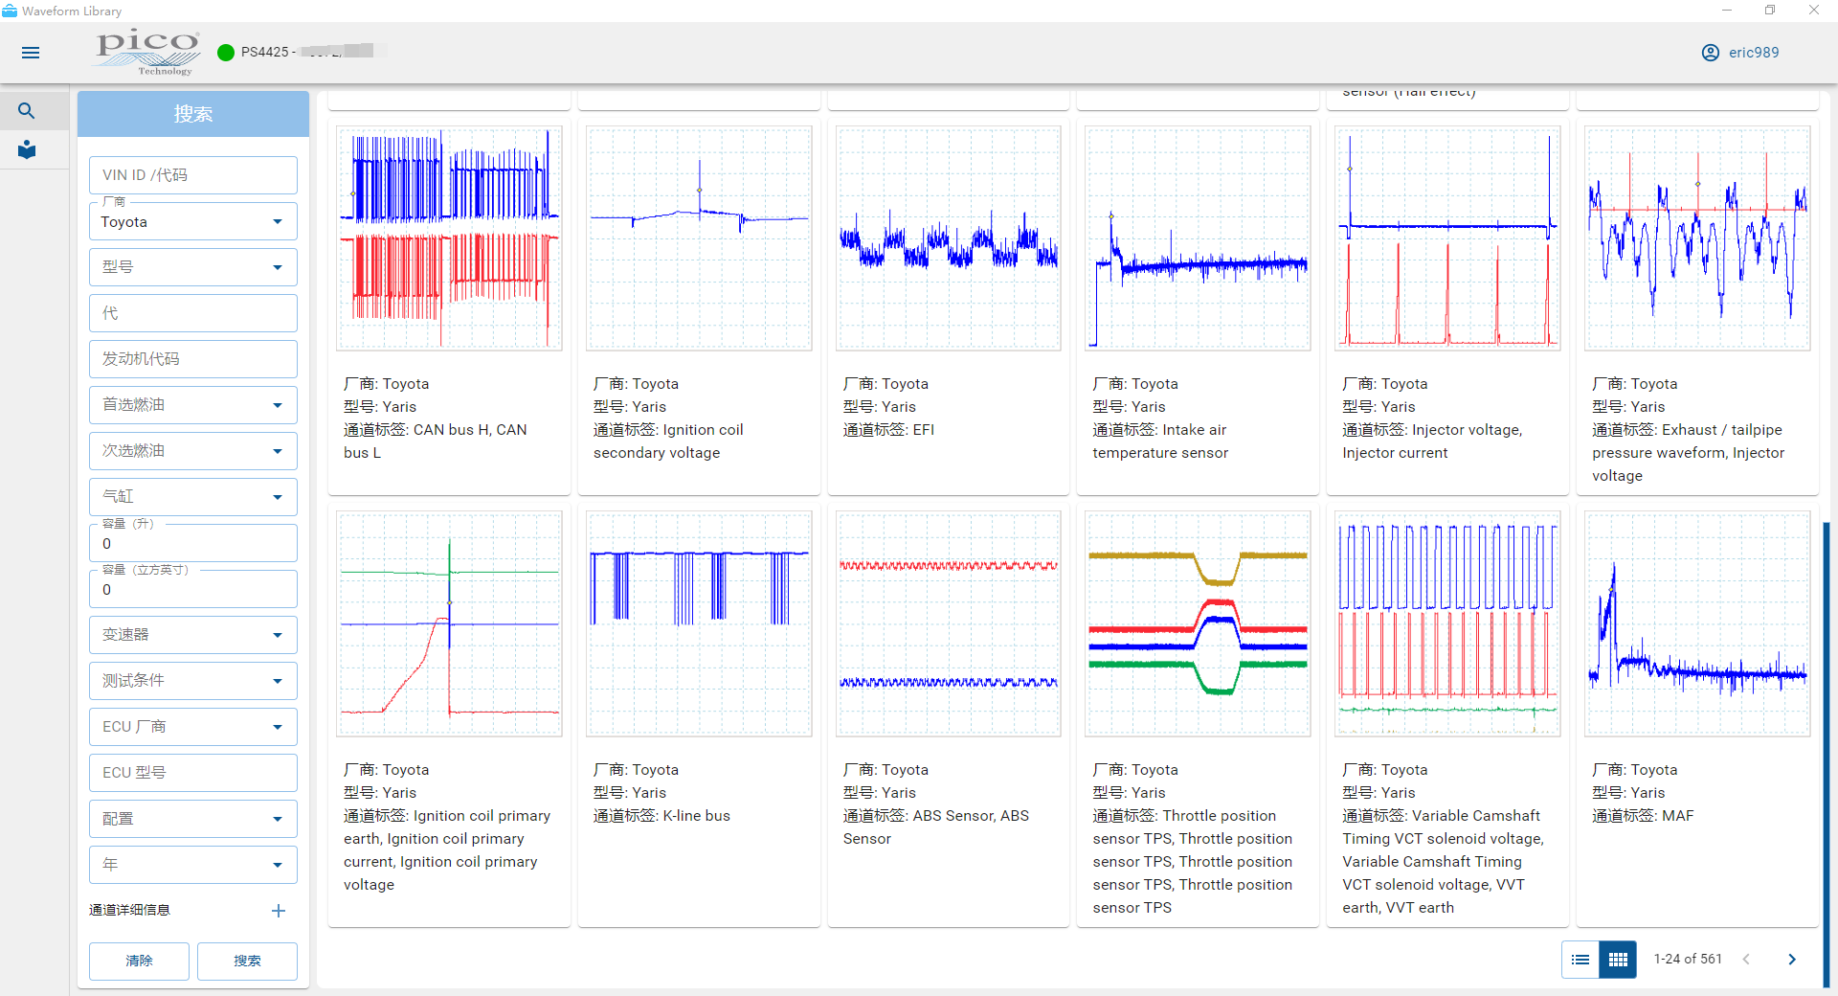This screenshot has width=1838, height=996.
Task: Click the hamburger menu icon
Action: pyautogui.click(x=31, y=53)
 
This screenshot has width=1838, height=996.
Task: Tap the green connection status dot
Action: pyautogui.click(x=226, y=53)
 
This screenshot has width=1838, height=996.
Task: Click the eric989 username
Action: pyautogui.click(x=1753, y=53)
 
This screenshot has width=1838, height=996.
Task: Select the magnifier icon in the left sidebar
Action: pyautogui.click(x=27, y=111)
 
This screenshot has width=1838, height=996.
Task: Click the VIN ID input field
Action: pyautogui.click(x=192, y=175)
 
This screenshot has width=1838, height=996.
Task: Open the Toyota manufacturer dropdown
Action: pyautogui.click(x=192, y=222)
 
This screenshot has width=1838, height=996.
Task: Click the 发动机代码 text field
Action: pyautogui.click(x=192, y=359)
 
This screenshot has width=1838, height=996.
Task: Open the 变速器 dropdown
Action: pyautogui.click(x=192, y=635)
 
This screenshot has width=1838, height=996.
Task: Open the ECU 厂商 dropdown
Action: pyautogui.click(x=192, y=727)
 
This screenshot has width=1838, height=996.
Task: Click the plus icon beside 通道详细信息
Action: pyautogui.click(x=279, y=911)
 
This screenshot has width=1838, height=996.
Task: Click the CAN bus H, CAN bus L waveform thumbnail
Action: pyautogui.click(x=449, y=238)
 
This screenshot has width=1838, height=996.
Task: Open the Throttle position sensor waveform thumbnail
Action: pyautogui.click(x=1198, y=623)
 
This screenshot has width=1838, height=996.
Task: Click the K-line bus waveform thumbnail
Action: pyautogui.click(x=699, y=623)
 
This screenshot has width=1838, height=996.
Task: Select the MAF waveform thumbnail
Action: pyautogui.click(x=1696, y=623)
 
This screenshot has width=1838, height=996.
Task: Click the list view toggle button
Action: pyautogui.click(x=1580, y=960)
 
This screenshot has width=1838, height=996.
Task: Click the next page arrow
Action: pyautogui.click(x=1792, y=960)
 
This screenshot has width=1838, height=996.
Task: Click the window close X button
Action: pyautogui.click(x=1813, y=11)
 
